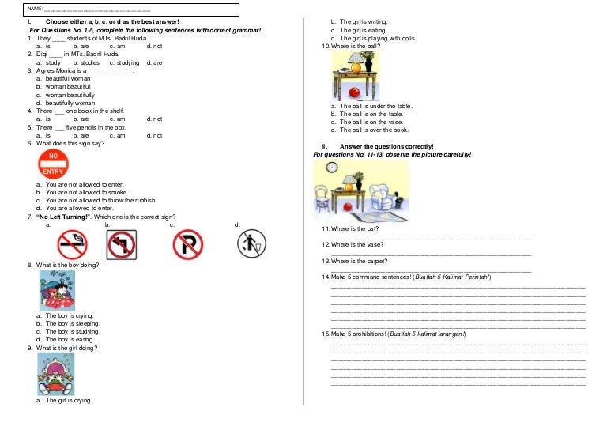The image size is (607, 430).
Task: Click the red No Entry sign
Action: (x=53, y=164)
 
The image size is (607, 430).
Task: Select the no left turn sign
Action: (x=123, y=244)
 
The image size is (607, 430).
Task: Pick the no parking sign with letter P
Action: (x=188, y=244)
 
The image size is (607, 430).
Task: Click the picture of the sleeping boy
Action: (x=58, y=289)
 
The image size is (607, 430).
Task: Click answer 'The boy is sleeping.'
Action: (x=72, y=323)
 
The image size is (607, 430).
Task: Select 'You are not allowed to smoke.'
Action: (x=86, y=192)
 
